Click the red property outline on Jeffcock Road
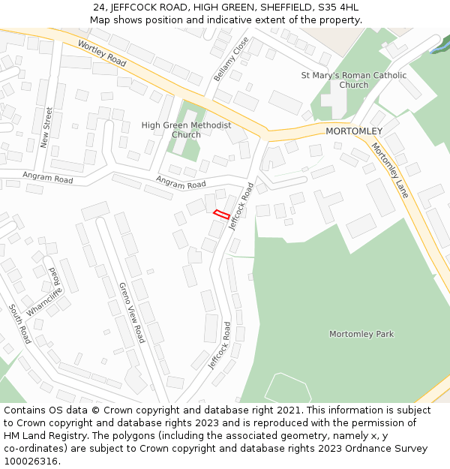[x=221, y=214]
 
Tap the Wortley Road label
[x=101, y=53]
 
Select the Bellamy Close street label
[x=230, y=59]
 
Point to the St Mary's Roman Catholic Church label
[x=353, y=80]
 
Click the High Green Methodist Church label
[x=186, y=130]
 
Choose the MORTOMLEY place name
[x=354, y=131]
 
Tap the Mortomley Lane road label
[x=391, y=170]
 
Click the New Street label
[x=46, y=128]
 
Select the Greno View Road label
[x=131, y=313]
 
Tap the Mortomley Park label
[x=361, y=334]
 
